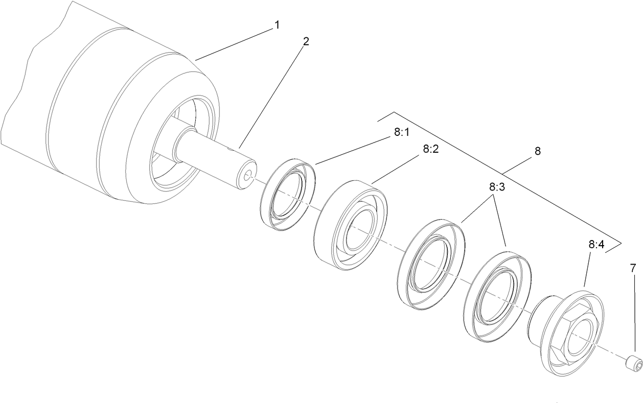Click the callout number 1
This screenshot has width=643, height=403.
pos(277,24)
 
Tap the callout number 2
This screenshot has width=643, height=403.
pos(306,41)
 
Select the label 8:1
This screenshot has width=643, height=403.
pos(402,132)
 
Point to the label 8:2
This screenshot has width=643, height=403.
pos(431,149)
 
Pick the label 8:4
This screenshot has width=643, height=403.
pos(596,245)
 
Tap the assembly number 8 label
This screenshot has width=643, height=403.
pos(537,151)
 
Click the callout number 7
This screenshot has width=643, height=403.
pos(633,268)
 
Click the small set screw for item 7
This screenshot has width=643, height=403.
pos(633,363)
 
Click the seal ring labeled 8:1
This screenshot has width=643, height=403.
pos(288,196)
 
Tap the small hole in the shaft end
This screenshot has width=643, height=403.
pos(248,176)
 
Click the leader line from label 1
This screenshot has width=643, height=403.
pos(233,44)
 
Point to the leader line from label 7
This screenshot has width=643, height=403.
pos(634,314)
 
